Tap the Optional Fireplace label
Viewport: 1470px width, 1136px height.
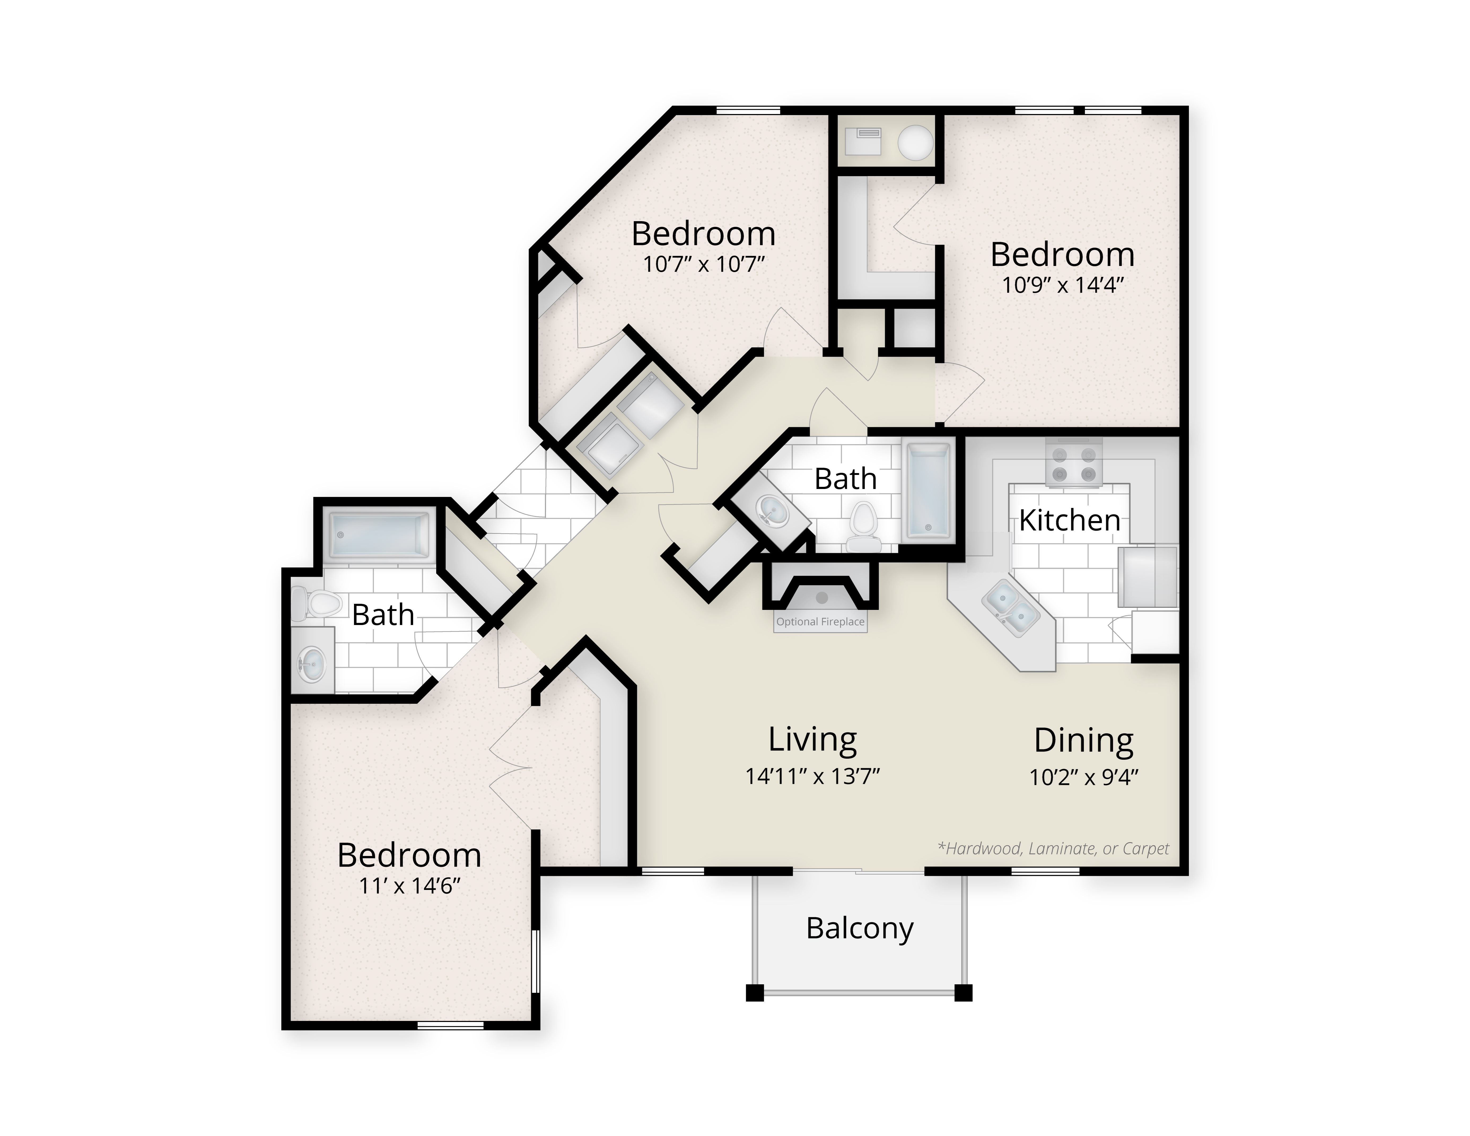coord(820,622)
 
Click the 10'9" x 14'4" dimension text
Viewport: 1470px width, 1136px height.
coord(1063,285)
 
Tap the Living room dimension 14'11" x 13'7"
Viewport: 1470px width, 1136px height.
coord(812,777)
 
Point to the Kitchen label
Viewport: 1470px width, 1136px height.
coord(1070,520)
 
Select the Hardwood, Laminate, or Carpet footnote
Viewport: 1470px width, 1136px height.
coord(1053,849)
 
